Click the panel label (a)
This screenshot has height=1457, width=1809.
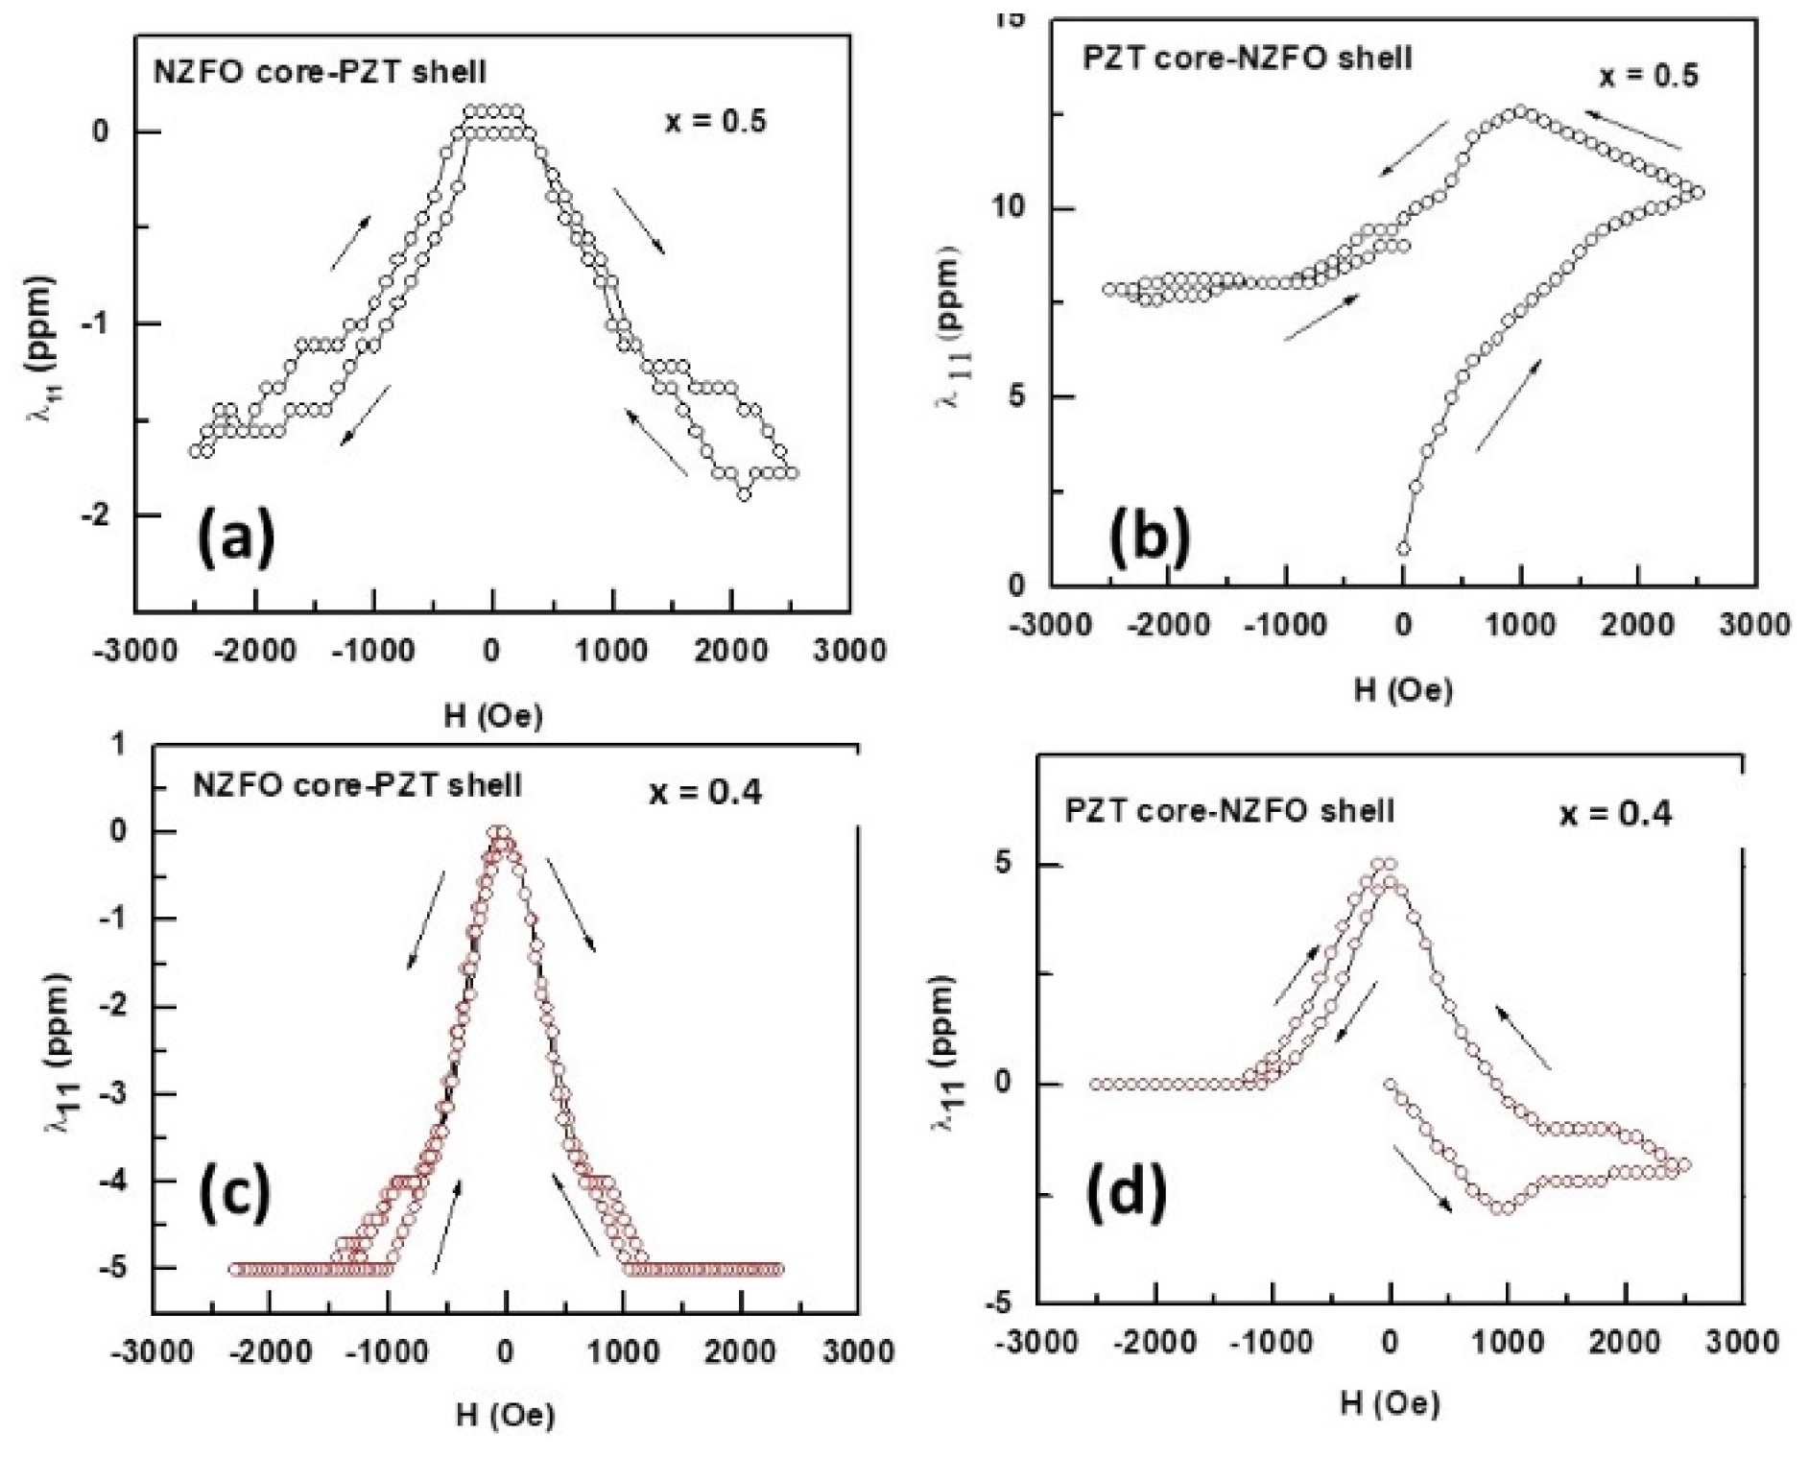[x=235, y=537]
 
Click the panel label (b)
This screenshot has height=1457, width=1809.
[x=1149, y=537]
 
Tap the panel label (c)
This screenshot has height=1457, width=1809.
[x=234, y=1190]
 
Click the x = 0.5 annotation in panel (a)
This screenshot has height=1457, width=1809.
[x=716, y=122]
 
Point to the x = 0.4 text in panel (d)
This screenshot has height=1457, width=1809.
[x=1615, y=814]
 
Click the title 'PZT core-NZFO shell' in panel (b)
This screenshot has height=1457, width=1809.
[x=1247, y=58]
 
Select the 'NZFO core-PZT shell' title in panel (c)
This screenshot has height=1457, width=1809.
[x=357, y=785]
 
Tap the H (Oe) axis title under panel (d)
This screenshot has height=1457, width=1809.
[x=1390, y=1404]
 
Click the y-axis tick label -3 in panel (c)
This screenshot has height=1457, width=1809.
[x=113, y=1094]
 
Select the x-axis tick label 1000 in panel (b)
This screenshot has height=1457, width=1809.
[x=1520, y=625]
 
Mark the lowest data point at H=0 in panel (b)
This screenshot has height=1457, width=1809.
[x=1403, y=549]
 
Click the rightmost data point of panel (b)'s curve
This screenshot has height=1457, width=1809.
[x=1698, y=193]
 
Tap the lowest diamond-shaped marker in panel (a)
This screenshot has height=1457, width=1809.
[x=744, y=494]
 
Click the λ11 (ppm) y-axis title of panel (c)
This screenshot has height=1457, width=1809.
[x=58, y=1051]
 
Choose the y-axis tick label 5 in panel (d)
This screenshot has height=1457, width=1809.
[x=1003, y=864]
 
